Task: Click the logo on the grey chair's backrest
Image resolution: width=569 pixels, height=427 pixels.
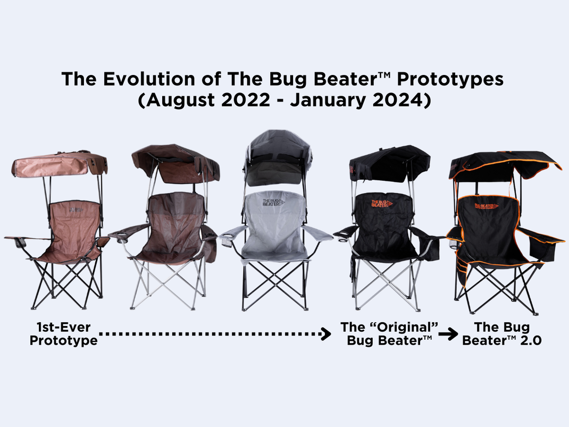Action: click(x=273, y=202)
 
